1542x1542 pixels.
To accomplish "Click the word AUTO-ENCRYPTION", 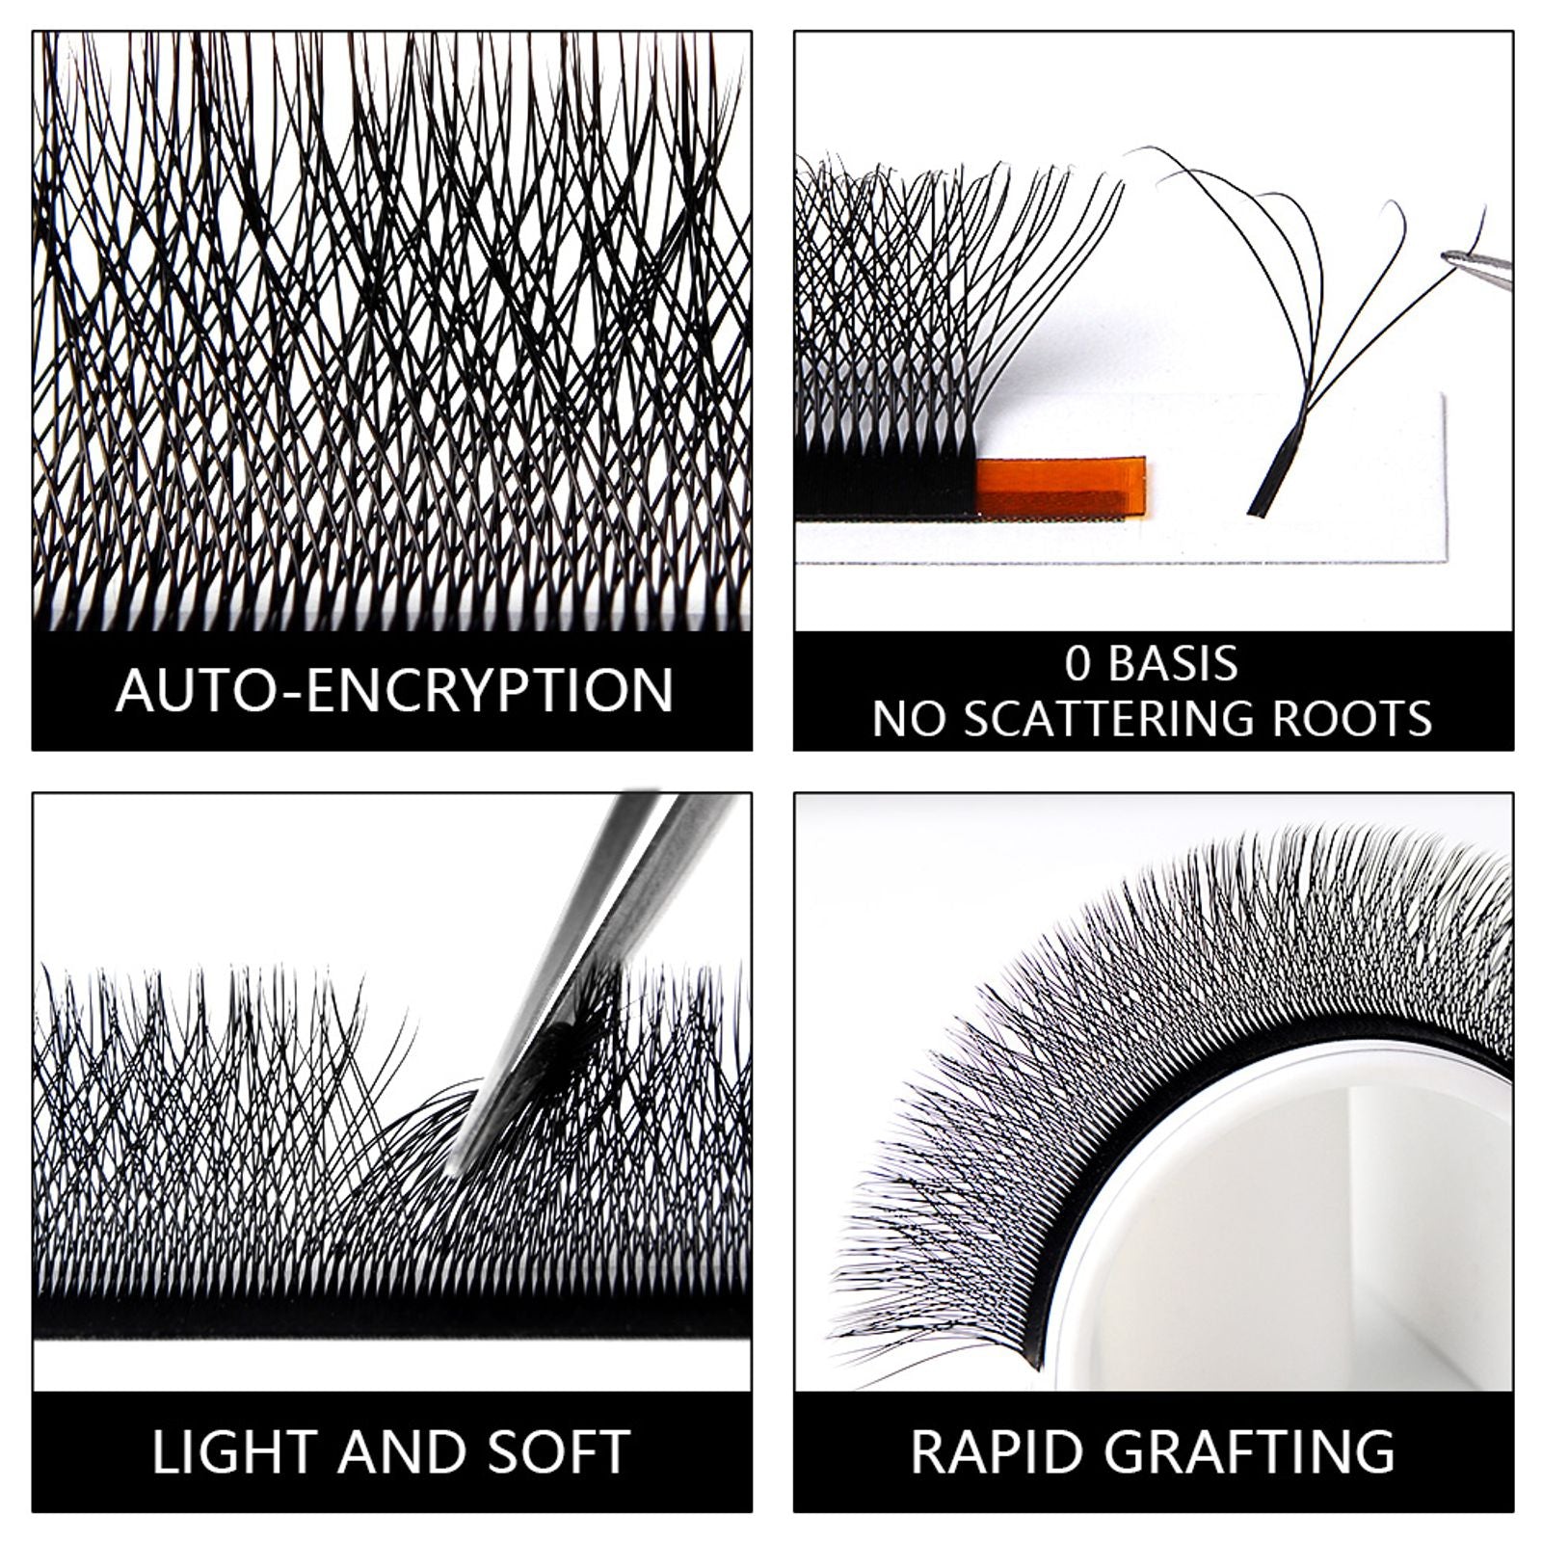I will [393, 690].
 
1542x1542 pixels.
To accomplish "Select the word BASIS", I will [1173, 664].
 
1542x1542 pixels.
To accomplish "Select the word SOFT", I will [558, 1452].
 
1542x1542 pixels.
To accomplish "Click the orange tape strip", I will [1060, 489].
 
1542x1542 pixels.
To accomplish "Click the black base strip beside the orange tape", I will [887, 487].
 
